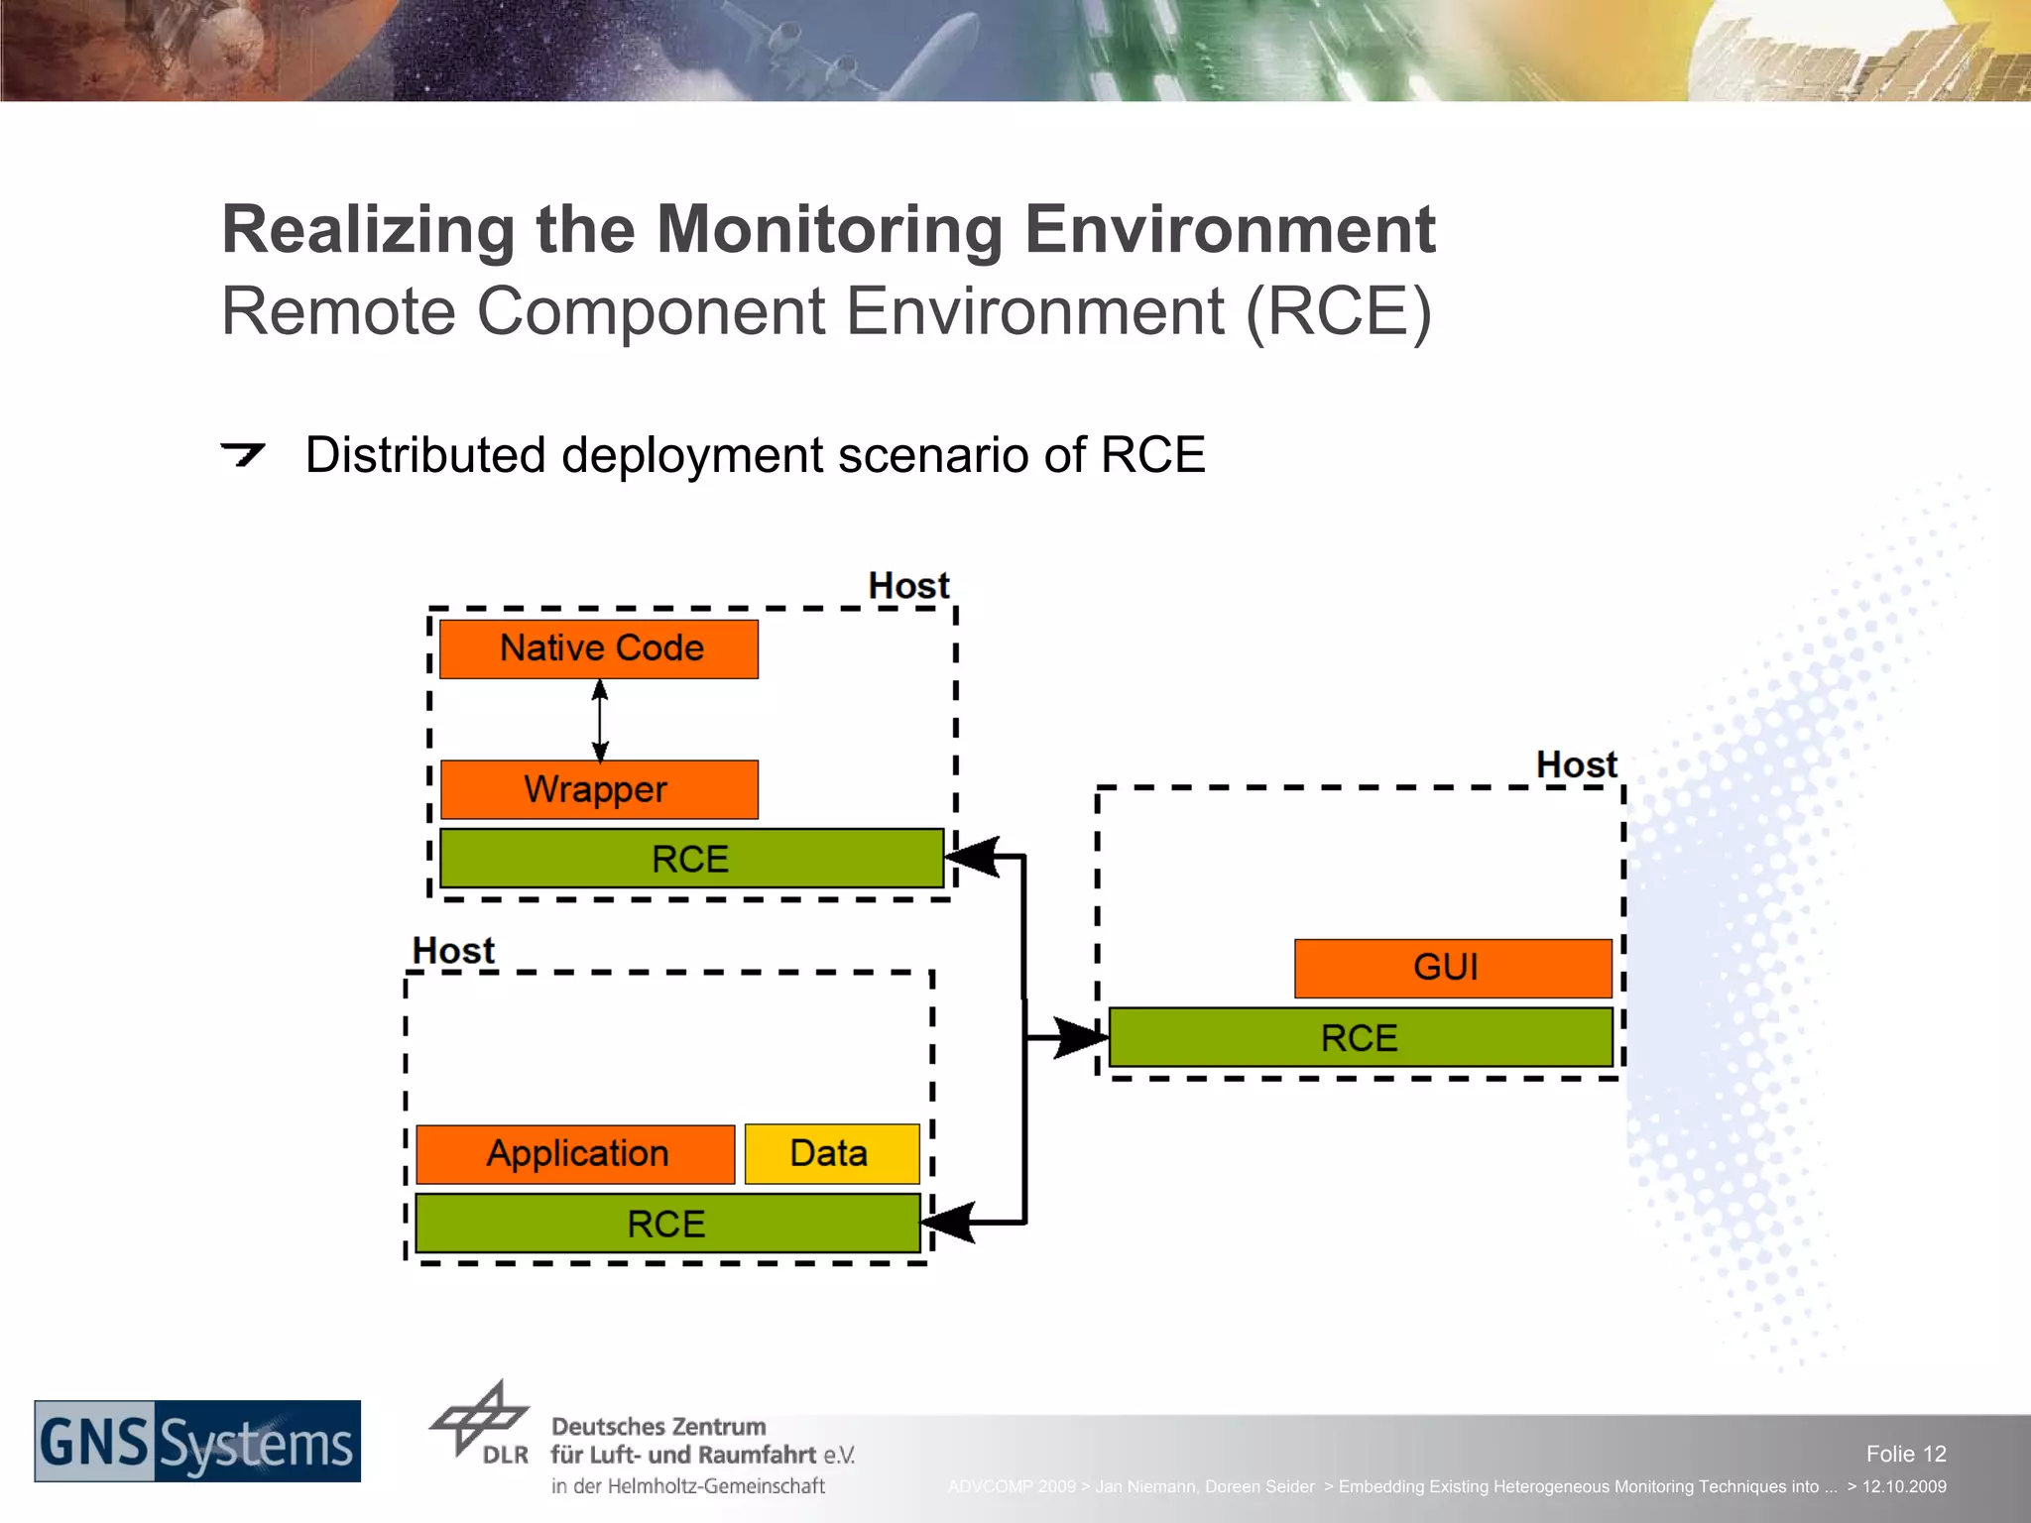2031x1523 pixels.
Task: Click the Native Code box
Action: point(599,649)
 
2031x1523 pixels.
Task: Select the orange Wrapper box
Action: point(599,789)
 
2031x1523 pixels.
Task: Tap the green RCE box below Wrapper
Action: point(691,859)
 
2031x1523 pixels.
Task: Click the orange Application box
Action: point(575,1154)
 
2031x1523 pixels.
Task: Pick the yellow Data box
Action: point(831,1154)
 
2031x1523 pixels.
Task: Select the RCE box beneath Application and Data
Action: point(666,1224)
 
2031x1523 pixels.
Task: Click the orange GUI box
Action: point(1452,968)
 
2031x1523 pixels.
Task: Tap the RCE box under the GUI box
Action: point(1360,1038)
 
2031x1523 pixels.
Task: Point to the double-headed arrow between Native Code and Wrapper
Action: point(600,721)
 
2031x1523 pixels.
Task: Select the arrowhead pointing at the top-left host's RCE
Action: point(973,857)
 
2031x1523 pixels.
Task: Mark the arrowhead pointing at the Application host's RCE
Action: point(949,1223)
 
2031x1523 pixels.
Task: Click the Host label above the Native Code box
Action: point(908,586)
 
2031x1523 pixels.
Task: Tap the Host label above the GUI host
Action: point(1576,765)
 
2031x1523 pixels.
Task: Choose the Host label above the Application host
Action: point(453,951)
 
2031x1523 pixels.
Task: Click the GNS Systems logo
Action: point(197,1442)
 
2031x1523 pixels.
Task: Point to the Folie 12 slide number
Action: point(1905,1454)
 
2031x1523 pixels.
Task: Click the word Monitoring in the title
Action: point(829,230)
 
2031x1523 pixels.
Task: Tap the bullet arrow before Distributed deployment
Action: point(243,454)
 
